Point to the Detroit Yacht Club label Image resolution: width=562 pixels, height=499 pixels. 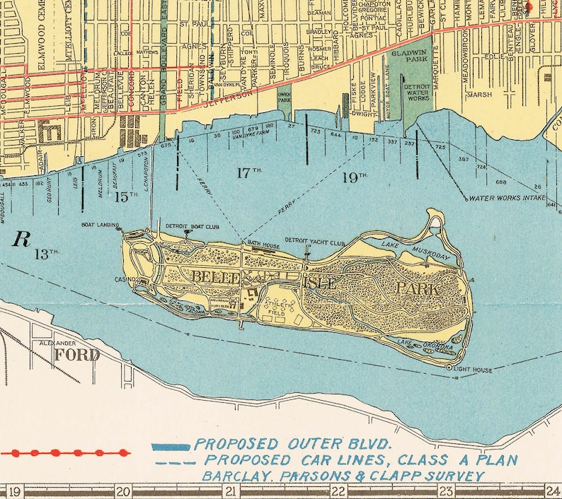click(314, 240)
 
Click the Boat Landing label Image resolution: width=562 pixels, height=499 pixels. click(100, 225)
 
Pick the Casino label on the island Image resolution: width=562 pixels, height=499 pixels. click(125, 280)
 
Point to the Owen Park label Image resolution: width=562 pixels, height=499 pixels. click(285, 97)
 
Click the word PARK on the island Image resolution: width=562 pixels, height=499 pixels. click(418, 288)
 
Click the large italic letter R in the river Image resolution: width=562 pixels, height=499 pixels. click(22, 239)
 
